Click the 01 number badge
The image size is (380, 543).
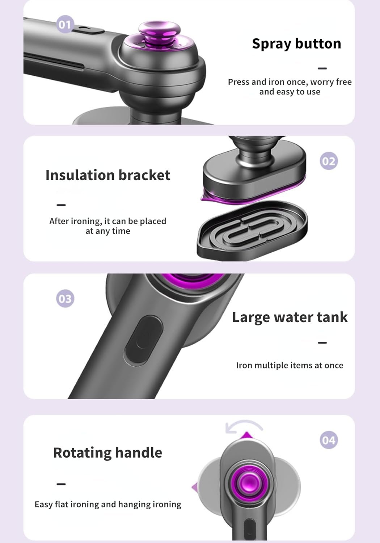click(65, 24)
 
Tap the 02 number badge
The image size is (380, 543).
click(329, 161)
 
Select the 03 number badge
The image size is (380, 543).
click(65, 299)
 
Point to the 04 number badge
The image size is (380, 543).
click(329, 440)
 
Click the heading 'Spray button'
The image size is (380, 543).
click(296, 44)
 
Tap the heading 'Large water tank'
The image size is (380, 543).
click(290, 317)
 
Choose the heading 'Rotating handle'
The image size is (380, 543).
click(108, 452)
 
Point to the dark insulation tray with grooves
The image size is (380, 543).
click(252, 230)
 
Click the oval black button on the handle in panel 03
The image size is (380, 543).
click(143, 340)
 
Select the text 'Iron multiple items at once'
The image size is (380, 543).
click(290, 365)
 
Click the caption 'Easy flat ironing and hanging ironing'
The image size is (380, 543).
click(108, 504)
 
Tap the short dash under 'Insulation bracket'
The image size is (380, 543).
click(61, 205)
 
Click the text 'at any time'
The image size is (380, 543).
click(108, 231)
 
